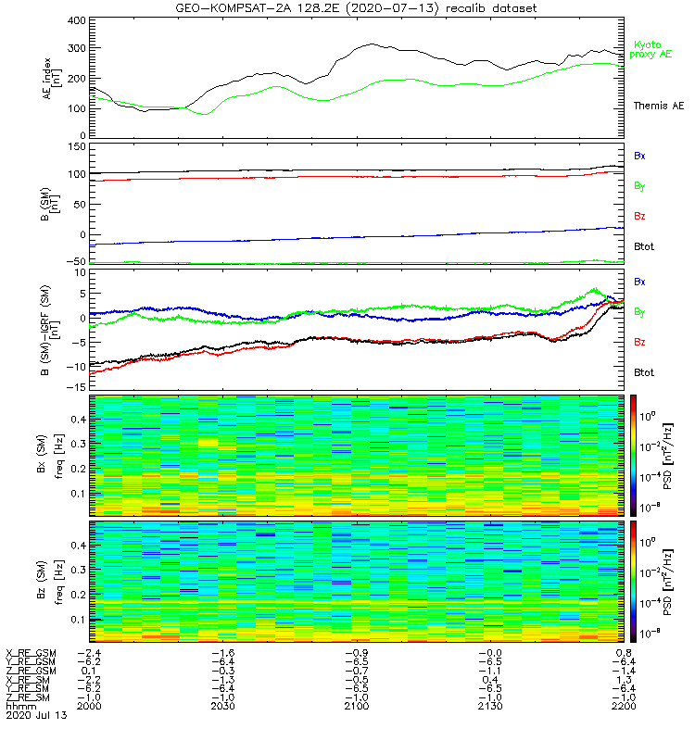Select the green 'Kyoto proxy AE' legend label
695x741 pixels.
[x=652, y=49]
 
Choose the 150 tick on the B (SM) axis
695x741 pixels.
[x=74, y=146]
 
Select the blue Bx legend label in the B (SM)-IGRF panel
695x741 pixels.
[x=639, y=281]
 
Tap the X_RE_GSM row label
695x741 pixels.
[x=31, y=653]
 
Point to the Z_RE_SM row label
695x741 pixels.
[x=29, y=697]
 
